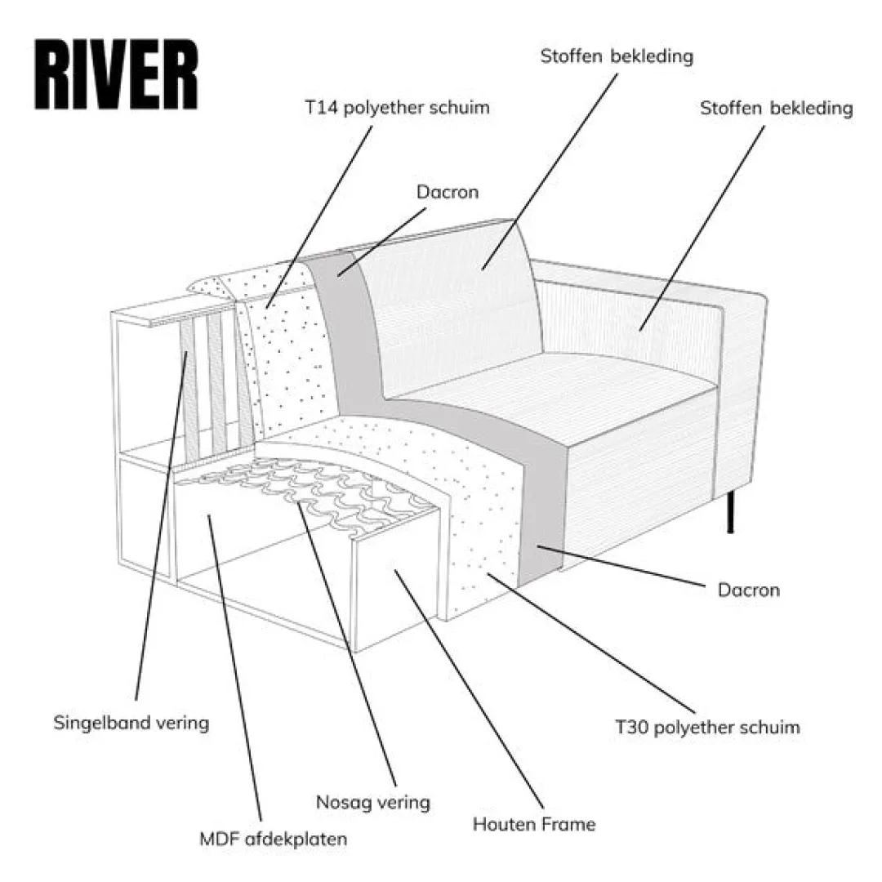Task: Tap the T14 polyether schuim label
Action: pyautogui.click(x=397, y=108)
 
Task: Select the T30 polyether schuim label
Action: pyautogui.click(x=707, y=727)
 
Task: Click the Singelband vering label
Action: pyautogui.click(x=131, y=723)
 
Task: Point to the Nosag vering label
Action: pyautogui.click(x=373, y=802)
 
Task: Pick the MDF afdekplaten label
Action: pyautogui.click(x=274, y=839)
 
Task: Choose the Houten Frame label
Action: pyautogui.click(x=534, y=824)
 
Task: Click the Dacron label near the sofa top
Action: pyautogui.click(x=448, y=193)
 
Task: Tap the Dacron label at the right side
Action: pyautogui.click(x=748, y=590)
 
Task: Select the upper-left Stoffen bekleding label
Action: pyautogui.click(x=617, y=56)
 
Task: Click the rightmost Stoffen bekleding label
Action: pyautogui.click(x=776, y=109)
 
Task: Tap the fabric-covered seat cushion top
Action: pyautogui.click(x=555, y=392)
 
